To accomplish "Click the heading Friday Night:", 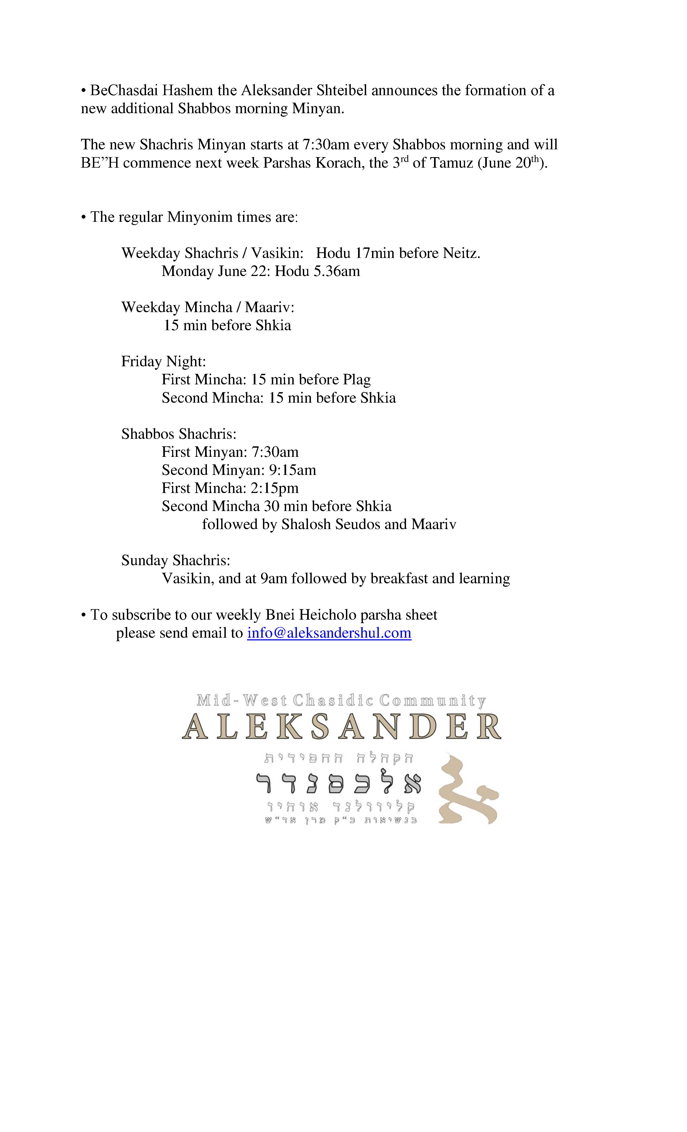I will (164, 361).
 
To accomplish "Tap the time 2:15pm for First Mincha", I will (275, 488).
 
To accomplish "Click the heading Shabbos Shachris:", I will (179, 434).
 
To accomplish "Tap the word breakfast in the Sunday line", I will (399, 578).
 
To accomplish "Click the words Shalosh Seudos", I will (331, 524).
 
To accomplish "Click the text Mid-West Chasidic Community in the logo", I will (341, 700).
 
